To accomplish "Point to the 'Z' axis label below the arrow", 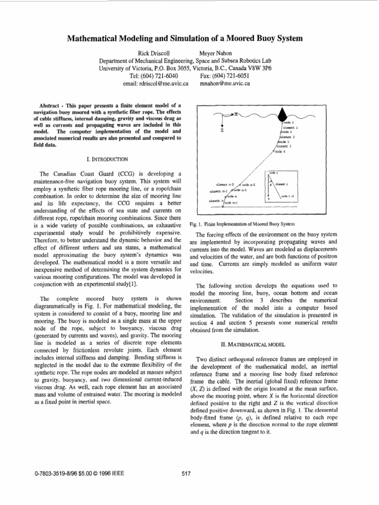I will click(x=223, y=131).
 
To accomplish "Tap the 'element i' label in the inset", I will click(x=282, y=184).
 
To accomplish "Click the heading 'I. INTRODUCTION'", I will click(x=107, y=159).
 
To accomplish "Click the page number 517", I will click(x=187, y=474).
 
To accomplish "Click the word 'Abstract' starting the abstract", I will click(x=51, y=105).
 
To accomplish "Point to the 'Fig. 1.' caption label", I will click(x=196, y=224).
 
